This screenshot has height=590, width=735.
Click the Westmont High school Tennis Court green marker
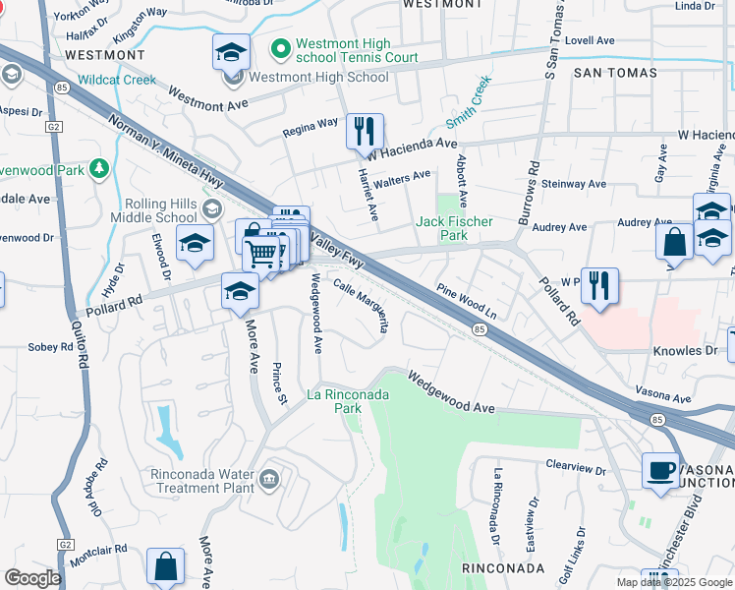click(281, 46)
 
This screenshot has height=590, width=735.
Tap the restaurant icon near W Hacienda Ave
click(366, 131)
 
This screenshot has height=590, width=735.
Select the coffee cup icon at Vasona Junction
click(661, 470)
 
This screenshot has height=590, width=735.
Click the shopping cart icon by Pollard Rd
click(261, 254)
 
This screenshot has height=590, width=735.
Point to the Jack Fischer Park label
click(454, 228)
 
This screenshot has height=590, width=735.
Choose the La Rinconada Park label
click(348, 401)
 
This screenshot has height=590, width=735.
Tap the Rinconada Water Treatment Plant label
click(200, 481)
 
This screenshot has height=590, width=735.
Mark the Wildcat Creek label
click(117, 80)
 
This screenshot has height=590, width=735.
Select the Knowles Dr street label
click(685, 350)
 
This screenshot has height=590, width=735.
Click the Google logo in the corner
click(32, 578)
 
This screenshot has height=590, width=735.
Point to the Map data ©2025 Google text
click(673, 582)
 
